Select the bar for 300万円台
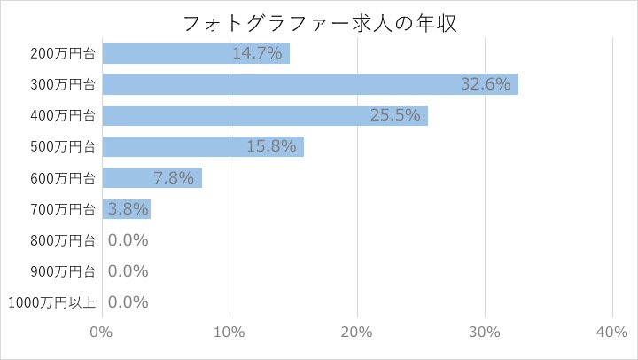(x=310, y=84)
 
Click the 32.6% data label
(x=486, y=84)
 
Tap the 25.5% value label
(x=395, y=115)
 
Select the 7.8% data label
(x=173, y=177)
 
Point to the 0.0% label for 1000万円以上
(x=128, y=302)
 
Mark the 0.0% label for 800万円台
(x=128, y=239)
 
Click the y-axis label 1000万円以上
(x=51, y=302)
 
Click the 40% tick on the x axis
(x=612, y=331)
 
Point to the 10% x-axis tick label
(x=230, y=331)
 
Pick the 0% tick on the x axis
(x=102, y=331)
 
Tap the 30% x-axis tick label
(x=485, y=331)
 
